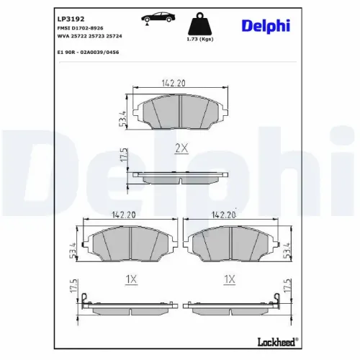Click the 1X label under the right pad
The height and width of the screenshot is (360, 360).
[x=230, y=278]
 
